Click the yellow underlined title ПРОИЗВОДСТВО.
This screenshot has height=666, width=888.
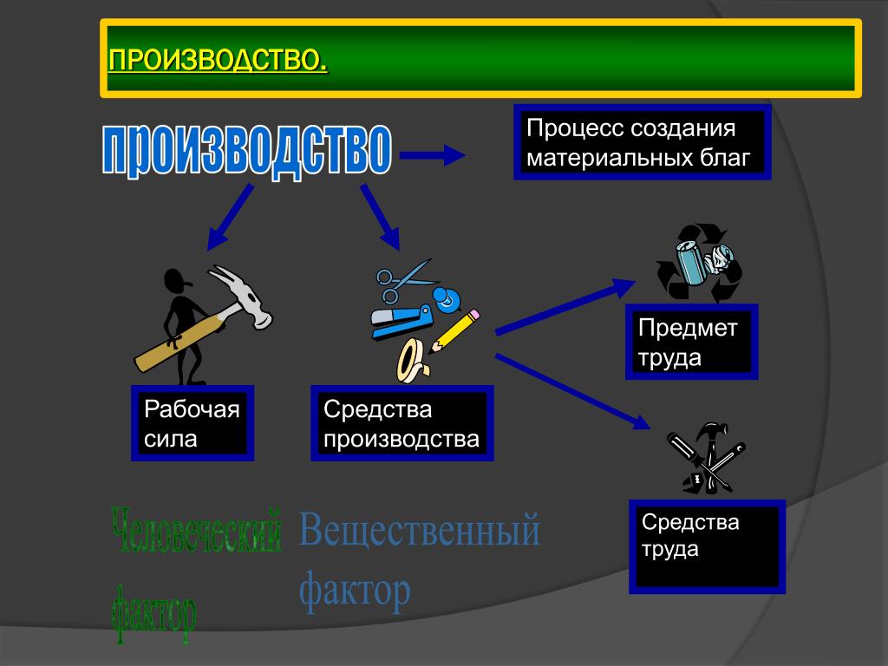(218, 60)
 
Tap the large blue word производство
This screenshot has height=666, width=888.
(247, 150)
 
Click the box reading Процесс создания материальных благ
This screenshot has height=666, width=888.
(643, 143)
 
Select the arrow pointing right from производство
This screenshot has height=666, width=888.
(432, 154)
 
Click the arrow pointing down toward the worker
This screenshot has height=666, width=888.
(230, 217)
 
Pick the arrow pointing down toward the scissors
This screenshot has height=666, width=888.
(381, 217)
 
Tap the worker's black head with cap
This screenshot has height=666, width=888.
(177, 280)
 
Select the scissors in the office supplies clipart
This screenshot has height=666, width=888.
(404, 280)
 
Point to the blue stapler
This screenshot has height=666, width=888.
(402, 321)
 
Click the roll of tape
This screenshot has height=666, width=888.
(413, 361)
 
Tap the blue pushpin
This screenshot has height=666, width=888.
(446, 299)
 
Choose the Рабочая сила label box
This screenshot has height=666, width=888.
(193, 423)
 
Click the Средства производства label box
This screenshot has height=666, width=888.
(402, 423)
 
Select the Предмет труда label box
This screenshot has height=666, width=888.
(691, 342)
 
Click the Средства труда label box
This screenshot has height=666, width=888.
(707, 546)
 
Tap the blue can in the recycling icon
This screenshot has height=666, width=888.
(692, 262)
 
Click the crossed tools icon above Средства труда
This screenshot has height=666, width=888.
(705, 458)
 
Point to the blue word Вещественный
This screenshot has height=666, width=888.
(419, 530)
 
